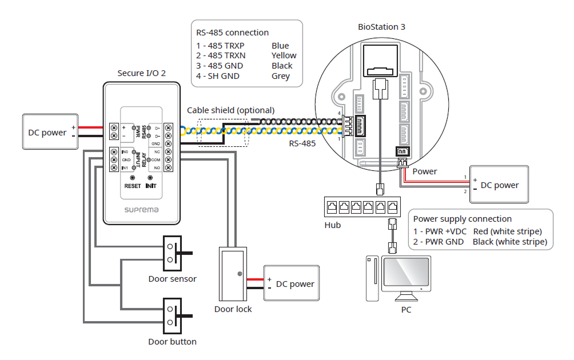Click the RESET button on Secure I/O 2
(133, 178)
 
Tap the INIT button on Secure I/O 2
(150, 178)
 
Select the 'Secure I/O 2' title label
(141, 73)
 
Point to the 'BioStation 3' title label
(381, 27)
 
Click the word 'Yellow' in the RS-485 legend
(284, 55)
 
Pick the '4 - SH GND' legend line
(218, 76)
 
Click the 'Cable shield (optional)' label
(231, 110)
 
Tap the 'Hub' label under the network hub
(332, 225)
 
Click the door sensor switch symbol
(173, 253)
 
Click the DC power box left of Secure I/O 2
(50, 132)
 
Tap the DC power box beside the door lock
(290, 283)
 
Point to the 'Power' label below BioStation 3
(424, 171)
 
